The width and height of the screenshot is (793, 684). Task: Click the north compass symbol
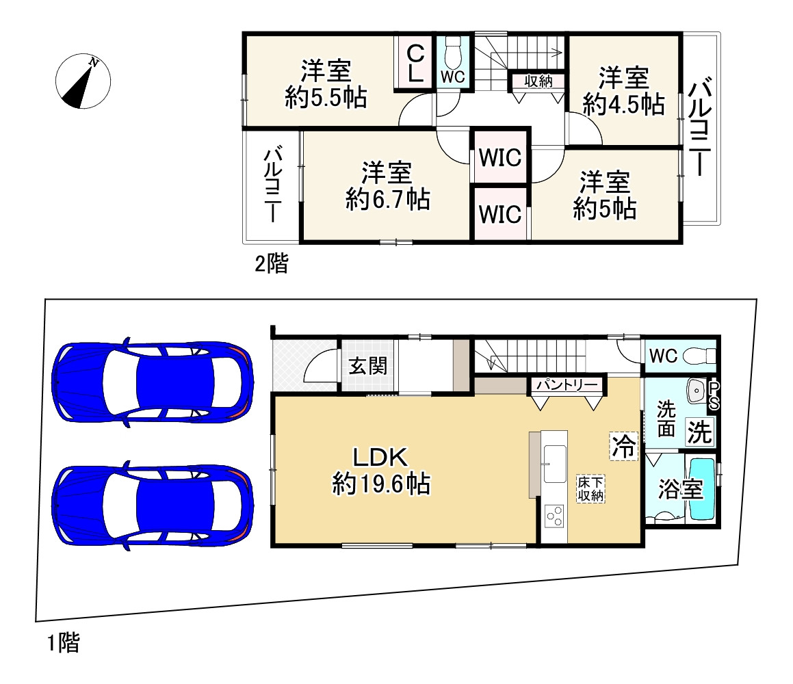pyautogui.click(x=83, y=81)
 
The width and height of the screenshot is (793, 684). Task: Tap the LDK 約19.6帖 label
pyautogui.click(x=381, y=471)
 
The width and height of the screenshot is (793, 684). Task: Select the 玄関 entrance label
pyautogui.click(x=367, y=365)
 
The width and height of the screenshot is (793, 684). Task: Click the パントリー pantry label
pyautogui.click(x=567, y=385)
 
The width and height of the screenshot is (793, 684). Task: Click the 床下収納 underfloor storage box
pyautogui.click(x=590, y=488)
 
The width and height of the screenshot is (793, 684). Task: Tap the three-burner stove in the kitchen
pyautogui.click(x=554, y=516)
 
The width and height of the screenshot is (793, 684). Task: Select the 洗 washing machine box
pyautogui.click(x=699, y=432)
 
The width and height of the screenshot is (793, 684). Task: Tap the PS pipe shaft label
pyautogui.click(x=714, y=395)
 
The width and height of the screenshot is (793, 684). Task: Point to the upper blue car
pyautogui.click(x=152, y=381)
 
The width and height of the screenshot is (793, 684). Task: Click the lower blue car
pyautogui.click(x=152, y=505)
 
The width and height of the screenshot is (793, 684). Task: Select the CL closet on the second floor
pyautogui.click(x=415, y=63)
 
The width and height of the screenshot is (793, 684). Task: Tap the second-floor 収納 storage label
pyautogui.click(x=538, y=81)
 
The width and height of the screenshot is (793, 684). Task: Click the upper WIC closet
pyautogui.click(x=499, y=157)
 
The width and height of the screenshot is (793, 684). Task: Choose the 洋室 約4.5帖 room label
pyautogui.click(x=623, y=91)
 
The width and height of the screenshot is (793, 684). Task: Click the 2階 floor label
pyautogui.click(x=271, y=263)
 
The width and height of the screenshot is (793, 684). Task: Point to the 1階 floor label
pyautogui.click(x=64, y=643)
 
